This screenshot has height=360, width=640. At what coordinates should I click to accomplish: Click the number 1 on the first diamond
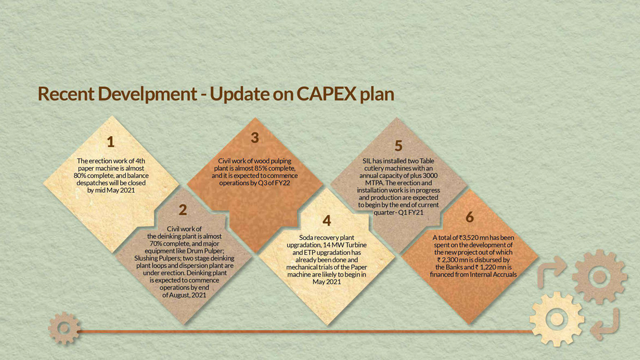(111, 142)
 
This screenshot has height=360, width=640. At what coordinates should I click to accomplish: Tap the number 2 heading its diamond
(182, 210)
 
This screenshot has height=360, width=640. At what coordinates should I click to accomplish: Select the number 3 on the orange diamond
(254, 138)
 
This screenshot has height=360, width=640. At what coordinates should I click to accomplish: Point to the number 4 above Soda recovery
(327, 221)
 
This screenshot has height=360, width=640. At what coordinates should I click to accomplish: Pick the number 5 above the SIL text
(398, 146)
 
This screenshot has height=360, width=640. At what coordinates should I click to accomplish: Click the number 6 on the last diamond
(470, 217)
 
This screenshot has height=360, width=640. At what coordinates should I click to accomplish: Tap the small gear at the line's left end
(64, 328)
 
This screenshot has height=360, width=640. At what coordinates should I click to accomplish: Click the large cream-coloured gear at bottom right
(557, 319)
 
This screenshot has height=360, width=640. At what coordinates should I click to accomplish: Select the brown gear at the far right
(599, 277)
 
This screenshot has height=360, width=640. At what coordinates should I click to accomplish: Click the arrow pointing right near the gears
(551, 272)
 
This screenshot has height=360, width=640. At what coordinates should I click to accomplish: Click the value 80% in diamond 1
(79, 176)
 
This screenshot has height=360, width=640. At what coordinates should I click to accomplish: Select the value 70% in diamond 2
(156, 244)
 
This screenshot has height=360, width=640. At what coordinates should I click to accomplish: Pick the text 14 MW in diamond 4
(333, 245)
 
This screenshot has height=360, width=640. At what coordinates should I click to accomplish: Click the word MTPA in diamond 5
(374, 183)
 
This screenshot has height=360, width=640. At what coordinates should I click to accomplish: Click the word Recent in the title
(66, 93)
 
